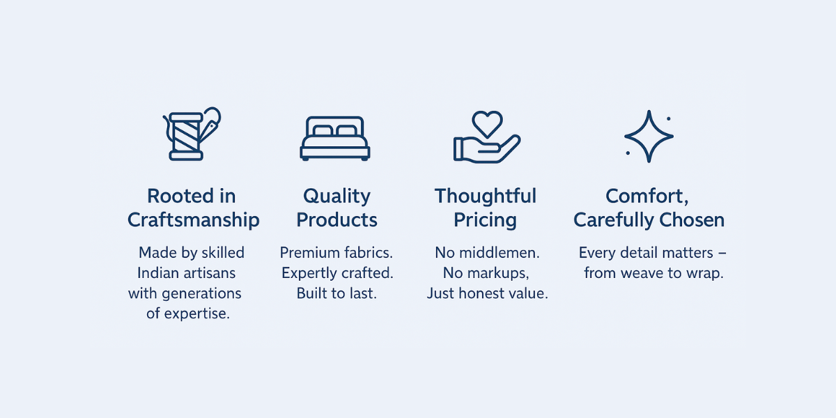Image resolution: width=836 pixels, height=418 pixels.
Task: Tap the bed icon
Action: pyautogui.click(x=335, y=139)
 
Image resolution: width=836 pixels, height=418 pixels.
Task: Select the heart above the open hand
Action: pyautogui.click(x=487, y=124)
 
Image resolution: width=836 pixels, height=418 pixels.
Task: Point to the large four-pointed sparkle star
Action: pyautogui.click(x=649, y=137)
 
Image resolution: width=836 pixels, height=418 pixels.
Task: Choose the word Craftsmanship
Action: pyautogui.click(x=194, y=220)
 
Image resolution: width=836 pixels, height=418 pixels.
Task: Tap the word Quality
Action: pyautogui.click(x=336, y=196)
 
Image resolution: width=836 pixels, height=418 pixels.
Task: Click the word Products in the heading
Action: pyautogui.click(x=336, y=220)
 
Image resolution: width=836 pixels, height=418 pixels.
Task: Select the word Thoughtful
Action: pyautogui.click(x=485, y=196)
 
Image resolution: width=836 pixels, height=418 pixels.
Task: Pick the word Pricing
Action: pyautogui.click(x=485, y=221)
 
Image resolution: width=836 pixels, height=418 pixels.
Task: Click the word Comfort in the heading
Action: pyautogui.click(x=645, y=196)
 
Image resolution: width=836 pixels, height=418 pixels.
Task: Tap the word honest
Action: pyautogui.click(x=480, y=293)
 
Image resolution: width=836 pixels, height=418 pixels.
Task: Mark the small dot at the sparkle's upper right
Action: pyautogui.click(x=668, y=118)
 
